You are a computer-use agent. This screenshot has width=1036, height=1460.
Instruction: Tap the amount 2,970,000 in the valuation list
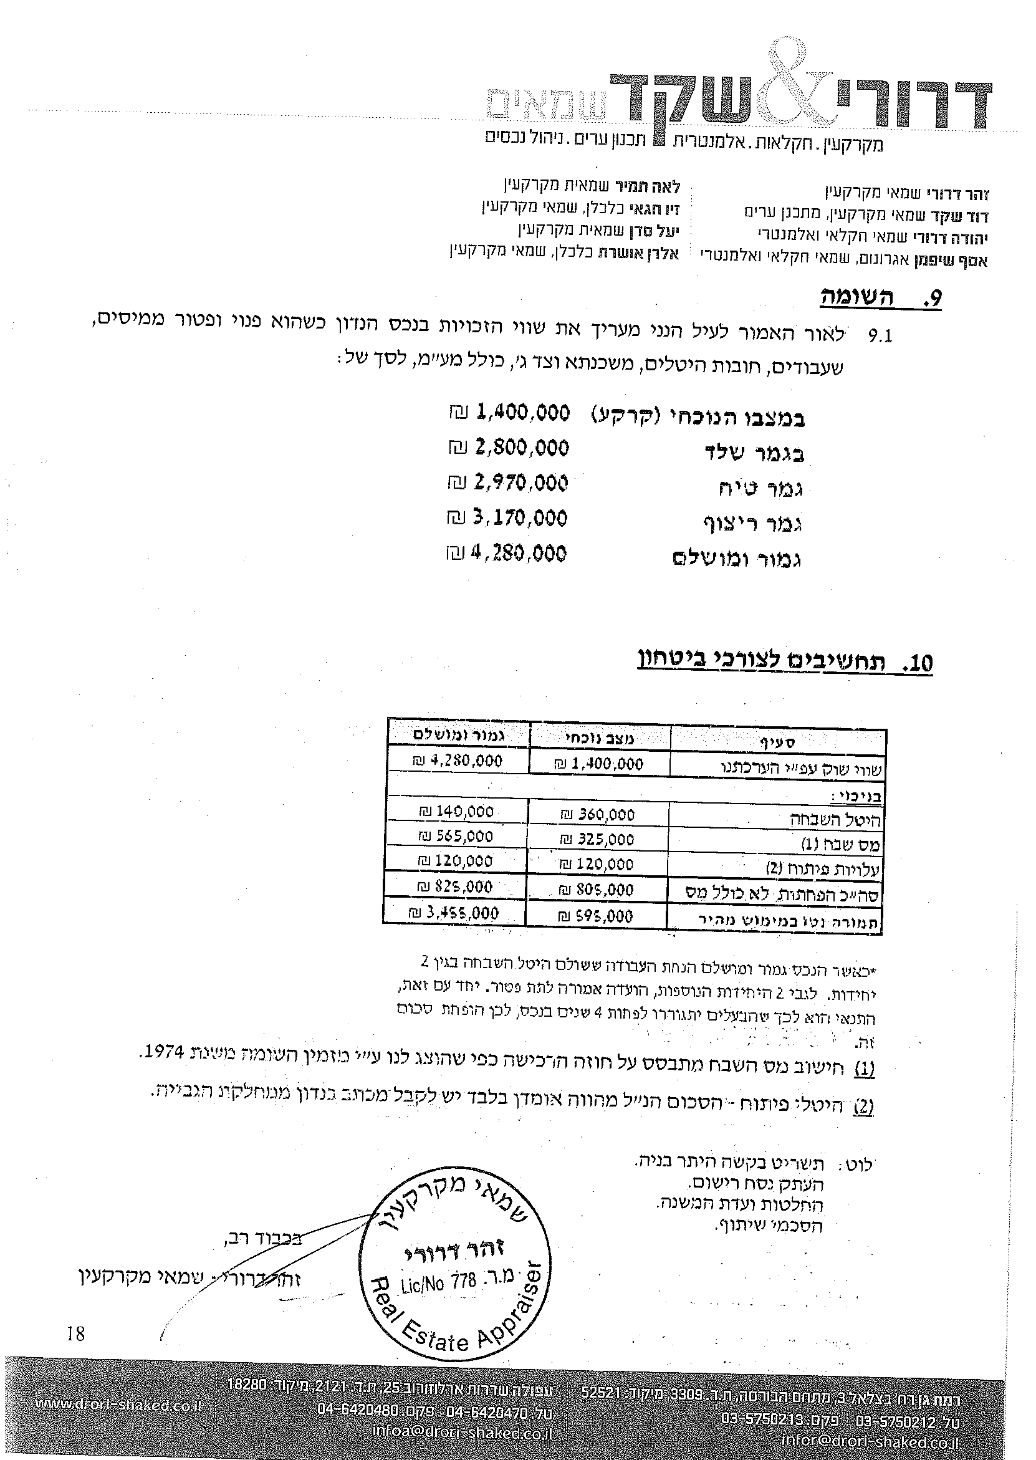coord(520,483)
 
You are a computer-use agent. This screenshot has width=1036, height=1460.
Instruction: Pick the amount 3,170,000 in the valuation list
coord(520,517)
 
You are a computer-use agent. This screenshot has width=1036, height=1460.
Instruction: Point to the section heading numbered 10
coord(785,662)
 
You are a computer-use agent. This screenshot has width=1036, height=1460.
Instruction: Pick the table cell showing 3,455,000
coord(454,913)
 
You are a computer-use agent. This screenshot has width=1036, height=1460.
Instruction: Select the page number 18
coord(75,1332)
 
